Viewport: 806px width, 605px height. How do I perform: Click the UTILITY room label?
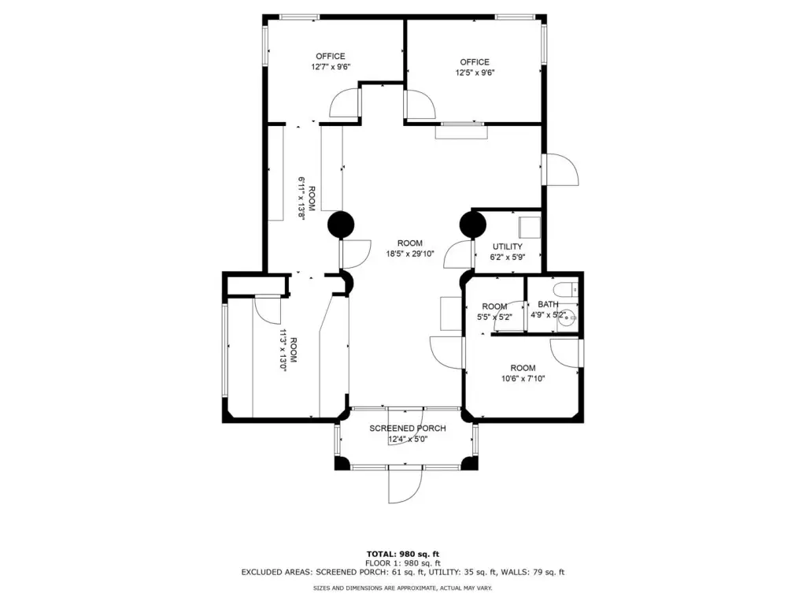(x=508, y=247)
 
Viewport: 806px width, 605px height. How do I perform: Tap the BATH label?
(x=548, y=304)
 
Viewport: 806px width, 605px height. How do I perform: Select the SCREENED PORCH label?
(x=408, y=428)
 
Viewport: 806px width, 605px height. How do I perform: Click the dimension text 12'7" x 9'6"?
(x=331, y=67)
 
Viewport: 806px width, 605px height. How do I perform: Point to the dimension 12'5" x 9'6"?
(x=475, y=72)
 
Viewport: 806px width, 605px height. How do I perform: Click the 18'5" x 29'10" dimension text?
(x=410, y=254)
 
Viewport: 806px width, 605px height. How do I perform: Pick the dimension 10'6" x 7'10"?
(x=523, y=379)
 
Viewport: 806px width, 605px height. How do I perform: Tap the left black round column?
(x=342, y=225)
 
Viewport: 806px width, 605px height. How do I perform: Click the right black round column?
(x=472, y=225)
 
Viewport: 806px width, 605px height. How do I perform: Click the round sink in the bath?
(x=567, y=318)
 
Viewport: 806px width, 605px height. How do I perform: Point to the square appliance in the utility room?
(x=530, y=228)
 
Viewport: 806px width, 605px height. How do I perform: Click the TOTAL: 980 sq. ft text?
(x=403, y=554)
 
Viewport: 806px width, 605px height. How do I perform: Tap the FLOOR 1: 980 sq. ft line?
(x=403, y=563)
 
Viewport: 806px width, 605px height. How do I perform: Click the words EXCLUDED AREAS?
(x=276, y=572)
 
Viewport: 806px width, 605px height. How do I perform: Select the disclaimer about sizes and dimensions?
(x=403, y=588)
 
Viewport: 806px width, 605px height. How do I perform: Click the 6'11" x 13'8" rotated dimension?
(x=301, y=199)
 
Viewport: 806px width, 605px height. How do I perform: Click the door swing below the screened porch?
(x=405, y=485)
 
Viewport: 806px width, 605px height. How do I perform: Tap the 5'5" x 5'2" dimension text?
(x=494, y=317)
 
